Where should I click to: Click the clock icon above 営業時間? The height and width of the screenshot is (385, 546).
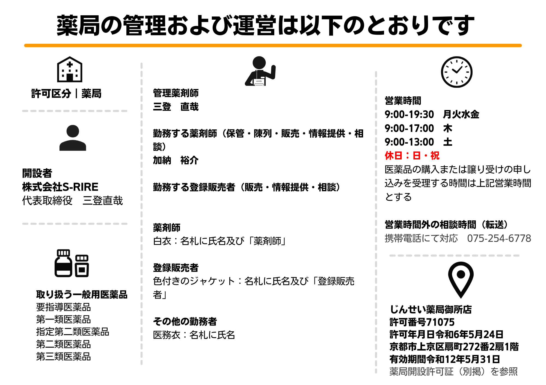point(456,72)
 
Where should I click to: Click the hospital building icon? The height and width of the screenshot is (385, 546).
point(70,69)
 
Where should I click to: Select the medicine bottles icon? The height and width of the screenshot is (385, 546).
point(72,263)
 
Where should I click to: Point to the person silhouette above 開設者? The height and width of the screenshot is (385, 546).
point(73,138)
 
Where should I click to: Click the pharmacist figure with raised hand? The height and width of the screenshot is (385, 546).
point(260,71)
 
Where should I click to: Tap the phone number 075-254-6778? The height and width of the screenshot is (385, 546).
point(499,238)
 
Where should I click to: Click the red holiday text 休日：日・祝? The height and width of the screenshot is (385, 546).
point(412,156)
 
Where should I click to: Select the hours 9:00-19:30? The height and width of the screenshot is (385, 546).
point(409,114)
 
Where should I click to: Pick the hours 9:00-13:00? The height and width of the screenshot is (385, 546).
point(409,142)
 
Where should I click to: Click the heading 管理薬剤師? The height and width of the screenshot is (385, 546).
point(176,93)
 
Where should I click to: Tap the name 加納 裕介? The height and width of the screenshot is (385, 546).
point(176,160)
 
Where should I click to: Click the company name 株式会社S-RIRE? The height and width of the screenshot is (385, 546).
point(60,187)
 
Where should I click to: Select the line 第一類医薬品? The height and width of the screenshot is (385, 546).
point(63,319)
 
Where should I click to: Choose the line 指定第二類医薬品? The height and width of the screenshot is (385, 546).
point(73,332)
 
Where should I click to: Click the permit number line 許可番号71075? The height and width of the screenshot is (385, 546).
point(422,322)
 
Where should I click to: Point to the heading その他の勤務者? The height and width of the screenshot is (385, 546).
point(185,322)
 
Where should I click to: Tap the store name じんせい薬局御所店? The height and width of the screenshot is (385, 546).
point(431,310)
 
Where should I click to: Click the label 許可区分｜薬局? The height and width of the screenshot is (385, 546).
point(66,94)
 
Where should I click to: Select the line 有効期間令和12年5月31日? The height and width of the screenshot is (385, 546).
point(445,359)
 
